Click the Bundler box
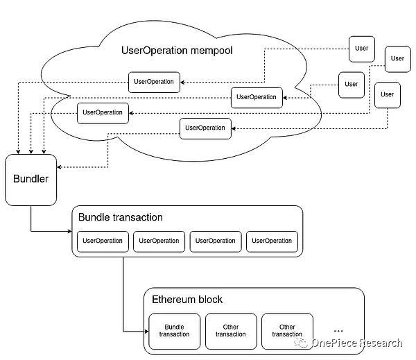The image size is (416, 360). [31, 180]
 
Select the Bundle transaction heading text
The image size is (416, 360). [121, 217]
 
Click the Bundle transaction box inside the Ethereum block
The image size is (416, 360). [173, 331]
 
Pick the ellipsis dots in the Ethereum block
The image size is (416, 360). [338, 328]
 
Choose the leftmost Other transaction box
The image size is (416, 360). [230, 331]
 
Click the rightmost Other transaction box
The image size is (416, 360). [287, 331]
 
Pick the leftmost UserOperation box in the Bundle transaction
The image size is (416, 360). [103, 241]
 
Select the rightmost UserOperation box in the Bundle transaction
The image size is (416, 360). [272, 241]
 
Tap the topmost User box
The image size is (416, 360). [361, 49]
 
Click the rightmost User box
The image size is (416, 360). [397, 58]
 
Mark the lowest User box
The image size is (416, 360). [387, 94]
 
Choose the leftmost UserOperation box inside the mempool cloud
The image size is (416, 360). [103, 112]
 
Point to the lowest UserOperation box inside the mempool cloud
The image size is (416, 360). [205, 128]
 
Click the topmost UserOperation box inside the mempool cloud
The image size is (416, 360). [154, 81]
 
